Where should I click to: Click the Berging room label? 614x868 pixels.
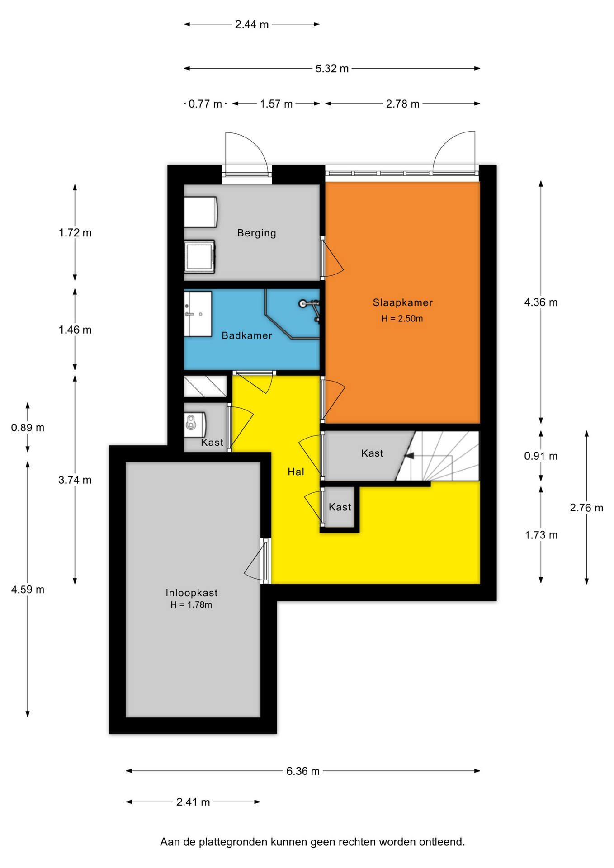pos(256,233)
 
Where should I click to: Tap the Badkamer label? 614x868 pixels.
pos(247,335)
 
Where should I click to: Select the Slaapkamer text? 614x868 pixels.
pos(402,302)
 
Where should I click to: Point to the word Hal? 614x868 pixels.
pos(296,472)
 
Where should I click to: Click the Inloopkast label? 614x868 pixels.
pos(192,593)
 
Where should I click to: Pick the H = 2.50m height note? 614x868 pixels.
pos(402,319)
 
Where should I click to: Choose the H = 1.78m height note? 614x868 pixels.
pos(191,605)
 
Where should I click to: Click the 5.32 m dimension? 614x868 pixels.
pos(332,69)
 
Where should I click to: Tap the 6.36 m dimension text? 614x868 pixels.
pos(303,771)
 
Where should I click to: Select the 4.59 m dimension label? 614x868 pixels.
pos(28,590)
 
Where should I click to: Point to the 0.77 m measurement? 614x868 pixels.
pos(205,104)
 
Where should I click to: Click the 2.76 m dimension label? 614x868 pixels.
pos(586,508)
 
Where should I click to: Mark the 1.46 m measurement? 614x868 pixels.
pos(75,330)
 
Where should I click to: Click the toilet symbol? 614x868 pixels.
pos(194,424)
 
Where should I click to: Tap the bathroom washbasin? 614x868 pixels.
pos(198,314)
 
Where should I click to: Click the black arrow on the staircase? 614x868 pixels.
pos(409,456)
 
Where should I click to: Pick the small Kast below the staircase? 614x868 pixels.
pos(340,507)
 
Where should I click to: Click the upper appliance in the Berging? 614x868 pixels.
pos(200,212)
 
